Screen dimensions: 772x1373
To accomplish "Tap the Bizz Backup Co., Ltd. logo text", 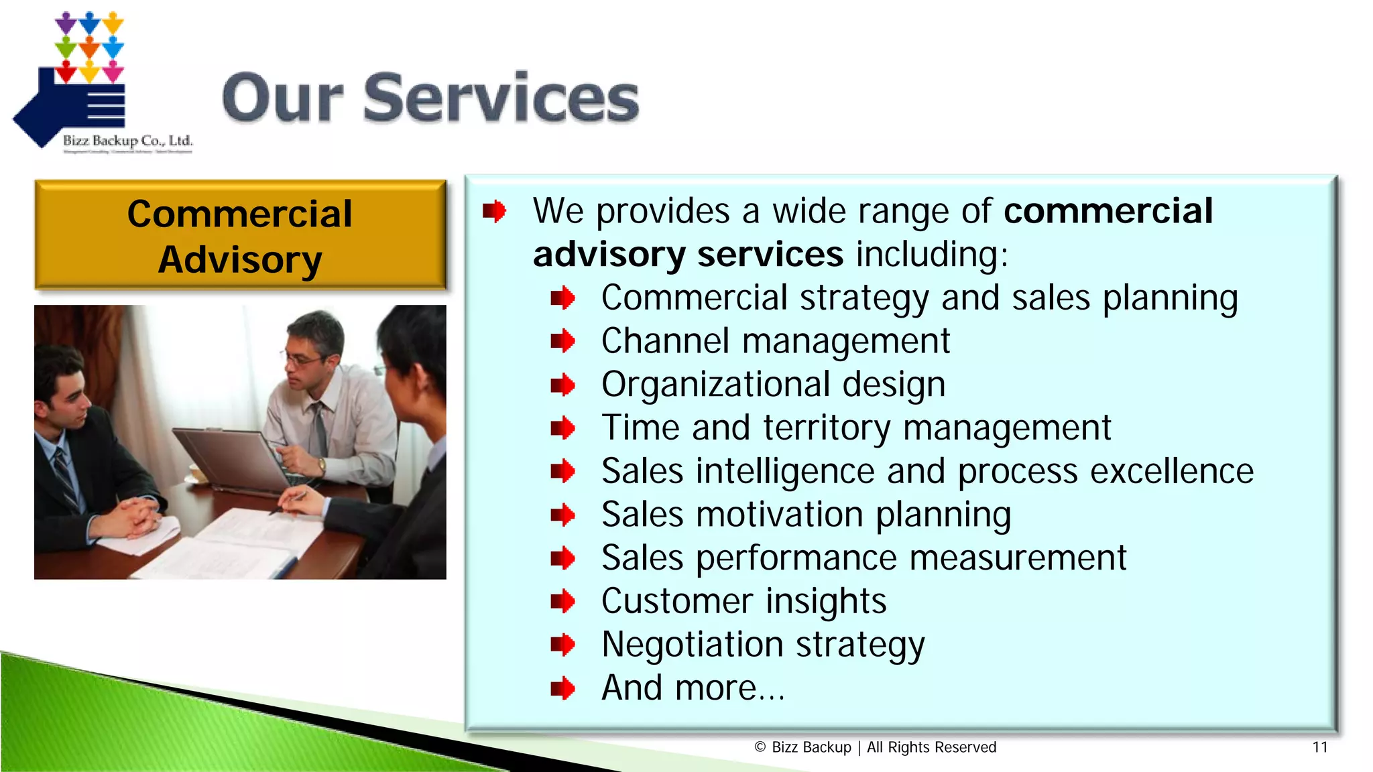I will (x=127, y=141).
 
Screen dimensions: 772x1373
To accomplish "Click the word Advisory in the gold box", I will (x=240, y=260).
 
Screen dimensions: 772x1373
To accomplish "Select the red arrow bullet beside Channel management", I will (x=562, y=341).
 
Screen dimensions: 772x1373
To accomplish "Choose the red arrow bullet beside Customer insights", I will (x=562, y=601).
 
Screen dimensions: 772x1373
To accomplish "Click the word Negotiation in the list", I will (x=692, y=645).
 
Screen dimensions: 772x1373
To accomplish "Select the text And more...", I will (x=693, y=688).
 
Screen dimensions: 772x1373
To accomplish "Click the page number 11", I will (x=1319, y=747).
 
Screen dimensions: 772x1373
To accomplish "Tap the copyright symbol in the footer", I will (x=760, y=747).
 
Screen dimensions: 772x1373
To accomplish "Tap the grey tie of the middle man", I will (x=319, y=429).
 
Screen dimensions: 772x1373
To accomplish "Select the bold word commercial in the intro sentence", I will (x=1108, y=211).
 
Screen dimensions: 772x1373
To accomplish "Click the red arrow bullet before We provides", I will (x=494, y=211).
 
